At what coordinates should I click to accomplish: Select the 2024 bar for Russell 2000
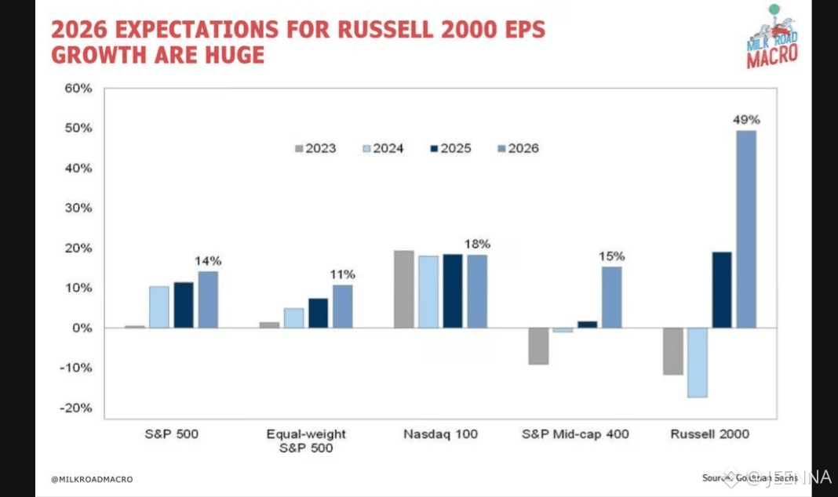point(697,362)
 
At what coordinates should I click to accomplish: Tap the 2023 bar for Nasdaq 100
point(404,288)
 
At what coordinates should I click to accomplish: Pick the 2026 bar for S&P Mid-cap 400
point(612,297)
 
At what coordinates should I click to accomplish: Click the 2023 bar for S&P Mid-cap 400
point(538,346)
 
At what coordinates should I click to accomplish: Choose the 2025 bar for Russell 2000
point(721,289)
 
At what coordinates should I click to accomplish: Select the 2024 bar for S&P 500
point(159,307)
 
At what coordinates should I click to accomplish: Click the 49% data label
point(747,120)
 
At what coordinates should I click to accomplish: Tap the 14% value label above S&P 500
point(209,261)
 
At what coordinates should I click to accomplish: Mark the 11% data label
point(343,274)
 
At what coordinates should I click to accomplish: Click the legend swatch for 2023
point(298,149)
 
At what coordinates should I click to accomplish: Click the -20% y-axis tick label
point(76,408)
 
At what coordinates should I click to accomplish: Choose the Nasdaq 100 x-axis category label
point(439,434)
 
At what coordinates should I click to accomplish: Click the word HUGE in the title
point(232,56)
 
